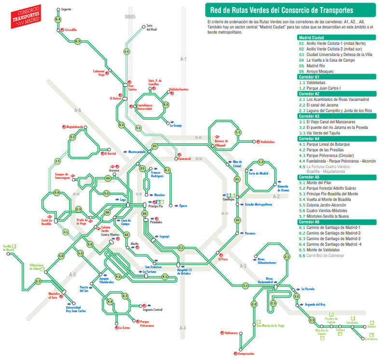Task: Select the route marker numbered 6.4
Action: tap(58, 19)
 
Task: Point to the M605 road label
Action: tap(129, 17)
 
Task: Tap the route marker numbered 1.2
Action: tap(261, 162)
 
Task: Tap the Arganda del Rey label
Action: tap(316, 305)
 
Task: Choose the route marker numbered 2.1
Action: tap(287, 257)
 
